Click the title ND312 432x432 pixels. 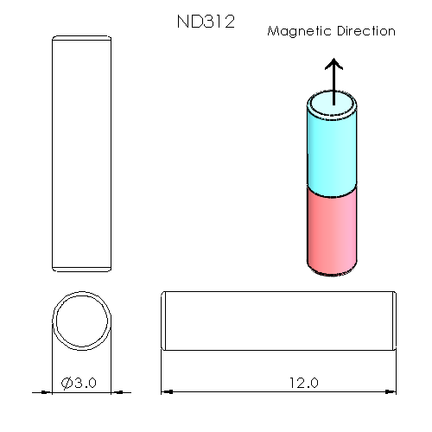coord(206,22)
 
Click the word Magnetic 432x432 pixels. coord(298,31)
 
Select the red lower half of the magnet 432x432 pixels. coord(332,229)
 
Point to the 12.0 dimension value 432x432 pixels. coord(303,382)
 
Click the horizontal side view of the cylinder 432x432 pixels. coord(279,321)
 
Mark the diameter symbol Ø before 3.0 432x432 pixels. coord(67,382)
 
